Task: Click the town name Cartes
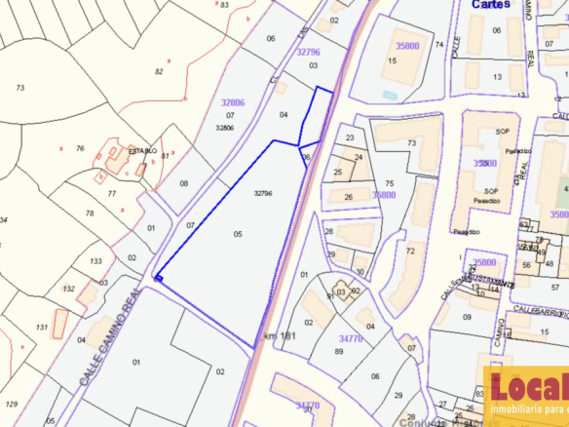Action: coord(491,4)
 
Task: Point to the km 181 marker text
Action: coord(280,336)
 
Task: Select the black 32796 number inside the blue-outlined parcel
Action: coord(262,193)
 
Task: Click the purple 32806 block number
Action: coord(233,101)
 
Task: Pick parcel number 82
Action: coord(159,71)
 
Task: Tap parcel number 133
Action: coord(95,261)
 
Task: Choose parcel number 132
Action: coord(68,289)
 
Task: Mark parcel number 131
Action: coord(41,327)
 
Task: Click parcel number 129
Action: coord(12,403)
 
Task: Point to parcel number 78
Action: coord(90,213)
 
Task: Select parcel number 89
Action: coord(339,351)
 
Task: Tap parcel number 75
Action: coord(389,183)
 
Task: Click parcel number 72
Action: coord(409,252)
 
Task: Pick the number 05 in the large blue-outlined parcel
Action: coord(238,234)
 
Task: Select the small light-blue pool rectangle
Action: coord(390,95)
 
